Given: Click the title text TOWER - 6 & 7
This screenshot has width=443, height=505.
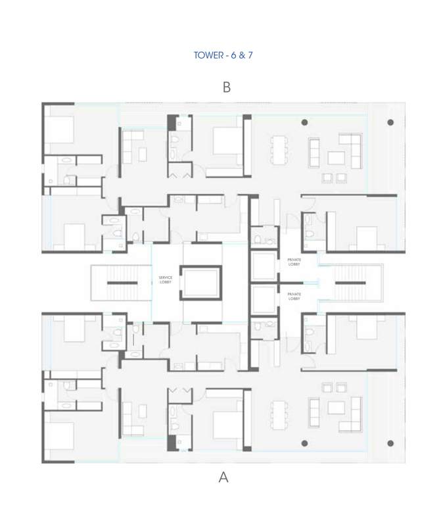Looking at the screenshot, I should (x=223, y=55).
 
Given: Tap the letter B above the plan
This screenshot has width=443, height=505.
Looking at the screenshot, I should (x=227, y=87).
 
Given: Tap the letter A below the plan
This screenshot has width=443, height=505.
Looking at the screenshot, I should (x=223, y=478).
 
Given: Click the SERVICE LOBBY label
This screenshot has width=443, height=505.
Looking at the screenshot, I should (x=165, y=280).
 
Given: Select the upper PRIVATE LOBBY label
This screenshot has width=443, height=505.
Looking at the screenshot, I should (x=294, y=262).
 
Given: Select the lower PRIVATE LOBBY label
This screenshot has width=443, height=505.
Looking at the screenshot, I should (x=294, y=296).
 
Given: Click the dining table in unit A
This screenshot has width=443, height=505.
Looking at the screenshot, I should (x=281, y=412).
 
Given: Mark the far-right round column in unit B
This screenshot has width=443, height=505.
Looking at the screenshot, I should (x=390, y=122).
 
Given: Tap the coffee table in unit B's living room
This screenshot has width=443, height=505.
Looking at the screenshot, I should (x=336, y=158).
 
